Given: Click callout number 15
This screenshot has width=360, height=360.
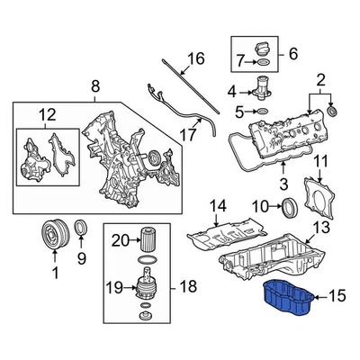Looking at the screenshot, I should [x=337, y=293].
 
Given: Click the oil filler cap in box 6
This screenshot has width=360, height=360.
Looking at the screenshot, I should [x=261, y=47].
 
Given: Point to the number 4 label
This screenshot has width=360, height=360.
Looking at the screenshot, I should [x=231, y=91].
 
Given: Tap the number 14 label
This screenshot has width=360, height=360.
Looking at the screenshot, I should [x=217, y=206].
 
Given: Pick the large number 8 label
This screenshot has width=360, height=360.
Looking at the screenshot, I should [x=95, y=87].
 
